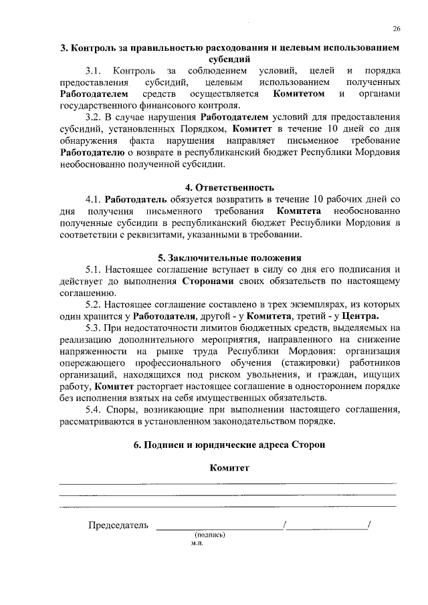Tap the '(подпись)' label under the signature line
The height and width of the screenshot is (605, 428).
pyautogui.click(x=210, y=535)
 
